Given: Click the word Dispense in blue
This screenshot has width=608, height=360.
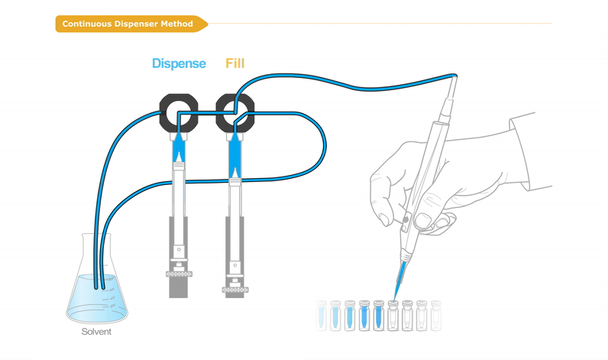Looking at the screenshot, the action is (179, 63).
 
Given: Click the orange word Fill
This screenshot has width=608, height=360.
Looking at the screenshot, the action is (235, 63).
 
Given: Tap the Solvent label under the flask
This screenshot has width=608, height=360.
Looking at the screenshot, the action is (96, 332).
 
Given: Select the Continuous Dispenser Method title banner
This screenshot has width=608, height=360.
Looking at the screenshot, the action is (131, 24).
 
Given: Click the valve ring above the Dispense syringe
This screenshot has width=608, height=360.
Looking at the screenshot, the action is (179, 101).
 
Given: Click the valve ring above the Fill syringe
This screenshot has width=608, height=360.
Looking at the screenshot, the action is (235, 101).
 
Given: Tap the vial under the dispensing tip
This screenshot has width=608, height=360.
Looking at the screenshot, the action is (393, 316).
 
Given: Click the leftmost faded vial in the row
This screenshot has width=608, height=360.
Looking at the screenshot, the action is (321, 316).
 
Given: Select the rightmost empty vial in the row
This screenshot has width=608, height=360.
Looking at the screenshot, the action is (436, 316).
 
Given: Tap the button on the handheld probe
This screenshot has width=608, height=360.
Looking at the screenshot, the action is (406, 219).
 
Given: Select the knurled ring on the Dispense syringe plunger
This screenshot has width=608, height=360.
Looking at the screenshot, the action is (179, 274).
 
